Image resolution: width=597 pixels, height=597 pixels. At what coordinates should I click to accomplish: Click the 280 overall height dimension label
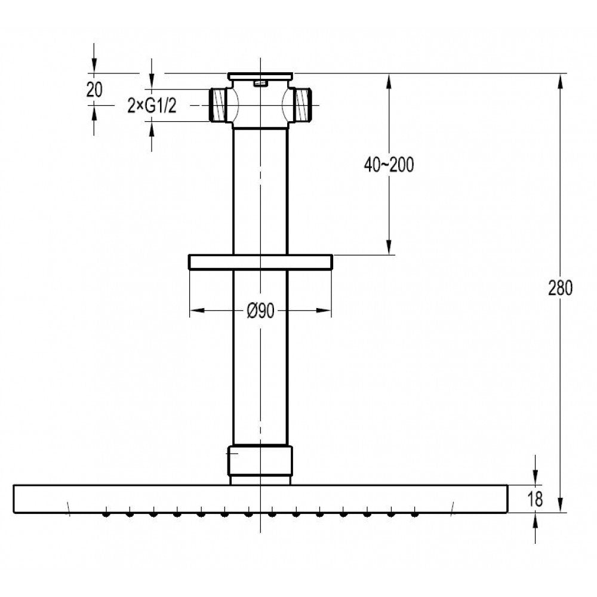click(x=560, y=288)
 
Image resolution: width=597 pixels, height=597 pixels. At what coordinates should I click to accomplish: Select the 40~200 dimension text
click(x=389, y=165)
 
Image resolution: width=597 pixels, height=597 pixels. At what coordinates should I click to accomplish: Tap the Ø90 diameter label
click(x=260, y=311)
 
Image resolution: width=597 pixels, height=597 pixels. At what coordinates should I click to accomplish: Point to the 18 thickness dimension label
click(x=535, y=498)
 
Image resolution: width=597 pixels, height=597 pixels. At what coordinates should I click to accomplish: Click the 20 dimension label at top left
click(x=94, y=90)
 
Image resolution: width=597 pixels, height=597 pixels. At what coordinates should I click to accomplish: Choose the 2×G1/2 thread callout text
click(x=152, y=106)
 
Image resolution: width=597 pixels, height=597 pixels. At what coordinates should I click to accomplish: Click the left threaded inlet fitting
click(x=219, y=105)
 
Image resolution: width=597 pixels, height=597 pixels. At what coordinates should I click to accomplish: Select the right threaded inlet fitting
click(x=303, y=105)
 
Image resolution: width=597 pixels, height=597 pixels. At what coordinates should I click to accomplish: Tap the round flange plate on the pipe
click(x=260, y=262)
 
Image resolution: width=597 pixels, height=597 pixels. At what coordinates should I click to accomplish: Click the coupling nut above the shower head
click(x=260, y=461)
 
